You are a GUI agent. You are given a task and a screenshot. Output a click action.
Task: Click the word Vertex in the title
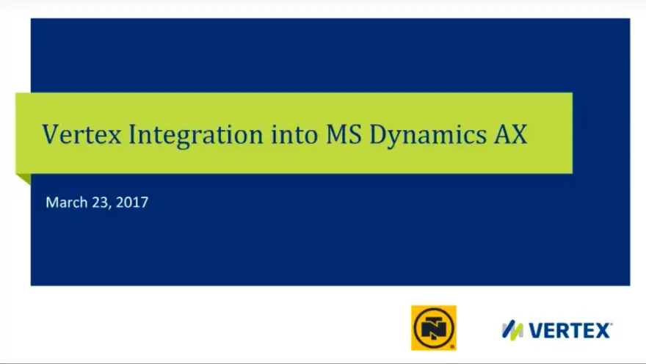82,134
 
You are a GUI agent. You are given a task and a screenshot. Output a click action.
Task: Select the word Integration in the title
196,136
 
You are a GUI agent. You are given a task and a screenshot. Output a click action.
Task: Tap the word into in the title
294,134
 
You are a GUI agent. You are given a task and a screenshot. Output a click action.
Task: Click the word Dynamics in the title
428,136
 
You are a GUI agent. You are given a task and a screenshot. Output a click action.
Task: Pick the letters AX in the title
511,134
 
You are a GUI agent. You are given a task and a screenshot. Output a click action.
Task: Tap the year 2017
132,202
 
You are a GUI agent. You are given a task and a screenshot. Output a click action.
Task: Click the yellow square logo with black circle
433,328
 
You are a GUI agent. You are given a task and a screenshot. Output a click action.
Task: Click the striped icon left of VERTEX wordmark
512,330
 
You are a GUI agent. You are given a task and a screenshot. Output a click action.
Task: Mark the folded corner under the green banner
23,179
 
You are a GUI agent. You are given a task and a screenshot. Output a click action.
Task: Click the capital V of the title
51,134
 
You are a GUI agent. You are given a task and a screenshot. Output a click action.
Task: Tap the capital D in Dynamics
379,134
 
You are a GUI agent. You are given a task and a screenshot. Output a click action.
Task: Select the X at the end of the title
520,134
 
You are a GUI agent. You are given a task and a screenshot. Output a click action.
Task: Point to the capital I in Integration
133,134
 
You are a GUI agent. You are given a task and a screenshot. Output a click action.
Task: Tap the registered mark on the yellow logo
452,347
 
